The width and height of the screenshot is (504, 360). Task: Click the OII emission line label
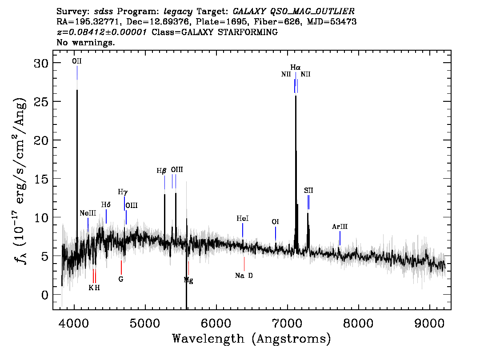(x=77, y=61)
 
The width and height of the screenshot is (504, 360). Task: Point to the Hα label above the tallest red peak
(x=296, y=68)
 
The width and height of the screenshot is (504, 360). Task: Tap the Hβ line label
(x=161, y=171)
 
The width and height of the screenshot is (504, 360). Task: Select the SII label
(x=308, y=191)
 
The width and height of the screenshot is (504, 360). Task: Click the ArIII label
(x=340, y=227)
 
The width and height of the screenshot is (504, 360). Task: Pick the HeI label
(x=243, y=219)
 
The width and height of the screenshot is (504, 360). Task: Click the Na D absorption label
(x=244, y=276)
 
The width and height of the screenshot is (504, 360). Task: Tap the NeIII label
(x=88, y=213)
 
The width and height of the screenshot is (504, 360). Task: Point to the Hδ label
(x=106, y=205)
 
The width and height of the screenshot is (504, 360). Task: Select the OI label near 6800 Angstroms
(x=275, y=222)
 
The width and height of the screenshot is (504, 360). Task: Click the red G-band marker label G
(x=121, y=279)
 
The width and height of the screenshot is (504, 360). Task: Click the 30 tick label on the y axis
(x=41, y=63)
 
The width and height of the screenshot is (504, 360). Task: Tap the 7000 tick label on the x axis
(x=287, y=324)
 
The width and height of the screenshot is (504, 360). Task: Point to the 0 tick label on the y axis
(x=45, y=295)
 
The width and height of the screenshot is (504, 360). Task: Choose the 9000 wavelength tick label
(x=429, y=324)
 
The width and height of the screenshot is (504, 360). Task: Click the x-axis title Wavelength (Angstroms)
(x=252, y=339)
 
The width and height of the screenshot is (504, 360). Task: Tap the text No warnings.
(x=85, y=42)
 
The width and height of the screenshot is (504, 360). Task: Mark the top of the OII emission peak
(x=77, y=90)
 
